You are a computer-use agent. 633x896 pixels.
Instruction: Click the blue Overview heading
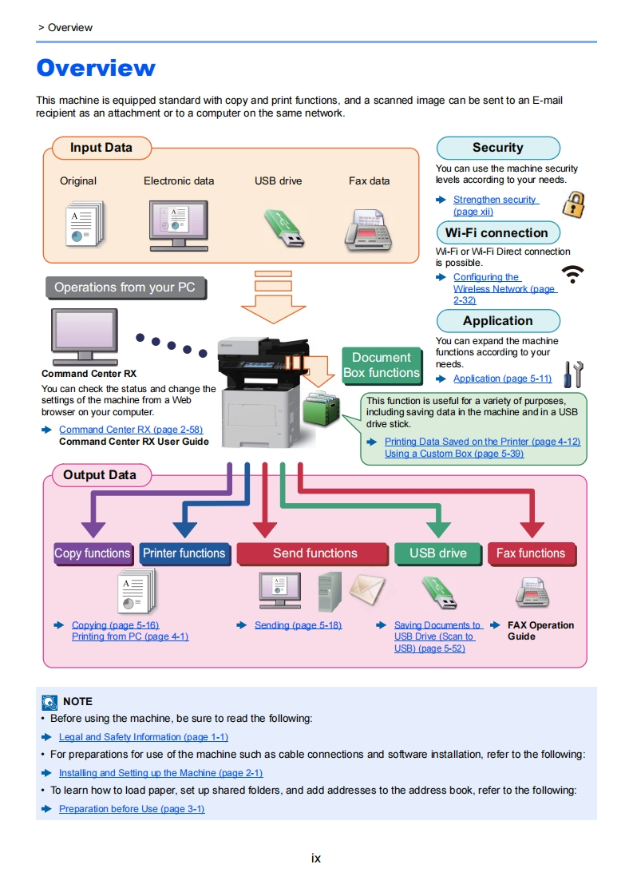pos(96,68)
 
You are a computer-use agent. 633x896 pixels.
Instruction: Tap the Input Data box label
pos(101,148)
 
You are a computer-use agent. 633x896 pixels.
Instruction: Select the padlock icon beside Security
pos(574,204)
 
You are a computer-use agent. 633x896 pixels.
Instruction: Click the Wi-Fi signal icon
pos(572,274)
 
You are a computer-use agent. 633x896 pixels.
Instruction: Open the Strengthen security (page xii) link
pos(496,205)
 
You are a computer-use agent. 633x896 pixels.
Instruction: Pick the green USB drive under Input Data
pos(284,228)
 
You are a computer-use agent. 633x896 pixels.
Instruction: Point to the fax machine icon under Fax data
pos(369,229)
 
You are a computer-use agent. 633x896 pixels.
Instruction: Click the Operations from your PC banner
pos(125,287)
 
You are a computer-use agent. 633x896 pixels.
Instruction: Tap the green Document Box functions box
pos(382,365)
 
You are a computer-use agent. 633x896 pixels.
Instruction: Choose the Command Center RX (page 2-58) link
pos(131,430)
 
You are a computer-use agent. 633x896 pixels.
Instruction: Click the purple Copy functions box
pos(93,553)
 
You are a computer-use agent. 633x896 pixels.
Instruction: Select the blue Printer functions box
pos(184,553)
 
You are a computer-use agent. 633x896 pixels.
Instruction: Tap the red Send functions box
pos(315,553)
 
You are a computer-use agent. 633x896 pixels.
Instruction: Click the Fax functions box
pos(531,553)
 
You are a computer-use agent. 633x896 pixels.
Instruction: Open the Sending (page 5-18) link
pos(299,625)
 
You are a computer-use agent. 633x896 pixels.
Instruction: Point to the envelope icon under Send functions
pos(367,589)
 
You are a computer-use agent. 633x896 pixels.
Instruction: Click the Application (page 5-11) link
pos(503,379)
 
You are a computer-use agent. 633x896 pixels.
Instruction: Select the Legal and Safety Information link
pos(144,737)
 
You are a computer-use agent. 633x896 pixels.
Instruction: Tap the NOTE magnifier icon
pos(49,702)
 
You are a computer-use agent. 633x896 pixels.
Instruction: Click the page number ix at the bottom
pos(316,858)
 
